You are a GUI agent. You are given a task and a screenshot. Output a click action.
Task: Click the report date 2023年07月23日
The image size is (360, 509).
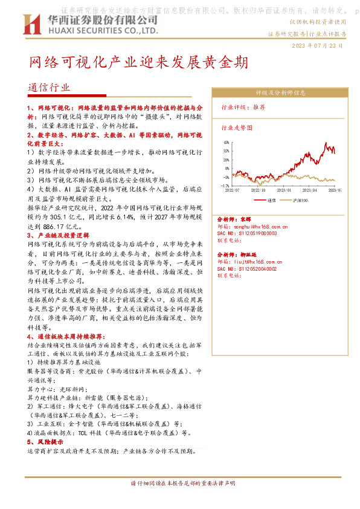pos(318,45)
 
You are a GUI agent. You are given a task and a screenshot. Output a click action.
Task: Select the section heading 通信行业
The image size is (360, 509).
pos(49,88)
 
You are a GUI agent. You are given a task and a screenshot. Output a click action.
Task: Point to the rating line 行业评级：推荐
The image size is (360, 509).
pos(243,107)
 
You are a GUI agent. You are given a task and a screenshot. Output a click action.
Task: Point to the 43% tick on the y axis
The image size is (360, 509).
pos(225,142)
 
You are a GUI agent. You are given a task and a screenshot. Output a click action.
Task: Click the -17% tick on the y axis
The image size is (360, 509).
pos(224,186)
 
